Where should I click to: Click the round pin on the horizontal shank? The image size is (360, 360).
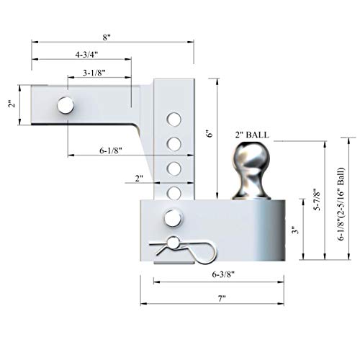64,105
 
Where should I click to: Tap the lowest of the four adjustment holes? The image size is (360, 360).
173,192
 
